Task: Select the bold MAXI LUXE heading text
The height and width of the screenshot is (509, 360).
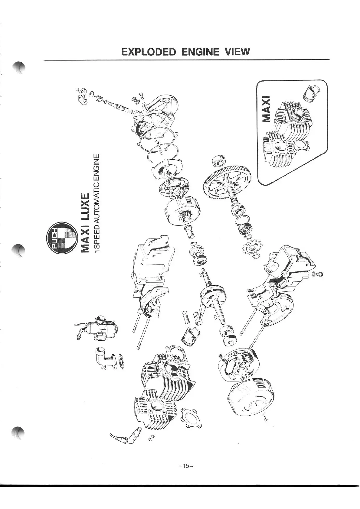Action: [86, 222]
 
